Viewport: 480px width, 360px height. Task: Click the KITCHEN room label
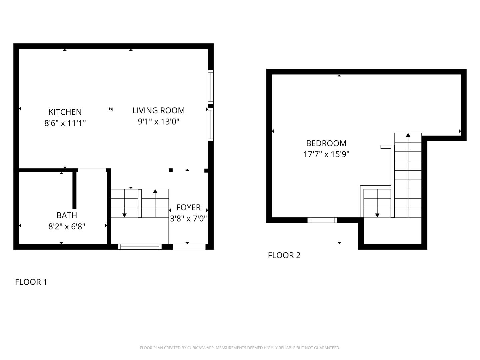(65, 112)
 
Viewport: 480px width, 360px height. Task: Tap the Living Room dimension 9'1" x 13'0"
(159, 122)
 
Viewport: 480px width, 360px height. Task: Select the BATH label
(67, 215)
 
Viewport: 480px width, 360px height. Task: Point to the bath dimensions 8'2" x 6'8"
(67, 227)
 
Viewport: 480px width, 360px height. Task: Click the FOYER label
(188, 207)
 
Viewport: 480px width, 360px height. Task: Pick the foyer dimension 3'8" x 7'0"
(188, 219)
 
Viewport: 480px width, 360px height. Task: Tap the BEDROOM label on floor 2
(326, 143)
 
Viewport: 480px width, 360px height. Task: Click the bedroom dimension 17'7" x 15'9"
(326, 154)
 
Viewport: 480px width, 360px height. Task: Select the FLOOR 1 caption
(31, 282)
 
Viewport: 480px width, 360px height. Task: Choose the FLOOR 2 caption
(284, 255)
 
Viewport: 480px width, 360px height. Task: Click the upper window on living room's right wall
(211, 87)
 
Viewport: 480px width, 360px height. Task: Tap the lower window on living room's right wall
(211, 124)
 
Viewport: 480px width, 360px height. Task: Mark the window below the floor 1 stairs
(140, 247)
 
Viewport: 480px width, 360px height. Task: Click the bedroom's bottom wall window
(322, 220)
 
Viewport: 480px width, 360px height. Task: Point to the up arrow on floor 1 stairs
(155, 191)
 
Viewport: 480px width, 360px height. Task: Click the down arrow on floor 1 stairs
(124, 215)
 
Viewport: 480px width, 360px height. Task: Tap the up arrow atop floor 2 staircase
(408, 135)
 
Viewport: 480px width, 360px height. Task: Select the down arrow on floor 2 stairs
(377, 215)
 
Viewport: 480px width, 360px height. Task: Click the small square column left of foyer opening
(171, 170)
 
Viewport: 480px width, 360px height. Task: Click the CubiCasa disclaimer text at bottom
(240, 348)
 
